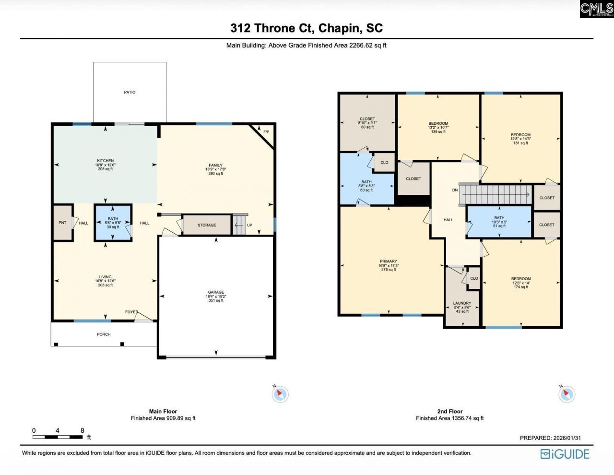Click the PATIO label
[x=130, y=92]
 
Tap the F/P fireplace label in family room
[x=266, y=132]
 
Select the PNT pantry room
[x=62, y=223]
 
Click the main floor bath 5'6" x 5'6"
[x=113, y=223]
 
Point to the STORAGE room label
[x=207, y=225]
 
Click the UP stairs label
[x=249, y=225]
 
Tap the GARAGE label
[x=216, y=292]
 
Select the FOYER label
[x=131, y=312]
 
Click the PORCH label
[x=104, y=334]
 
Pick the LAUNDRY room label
[x=462, y=303]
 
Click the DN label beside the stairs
[x=455, y=190]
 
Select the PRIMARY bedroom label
[x=389, y=261]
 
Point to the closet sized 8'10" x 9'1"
[x=367, y=123]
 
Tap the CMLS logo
[x=596, y=9]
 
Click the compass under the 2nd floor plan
[x=567, y=394]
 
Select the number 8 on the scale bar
[x=83, y=430]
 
